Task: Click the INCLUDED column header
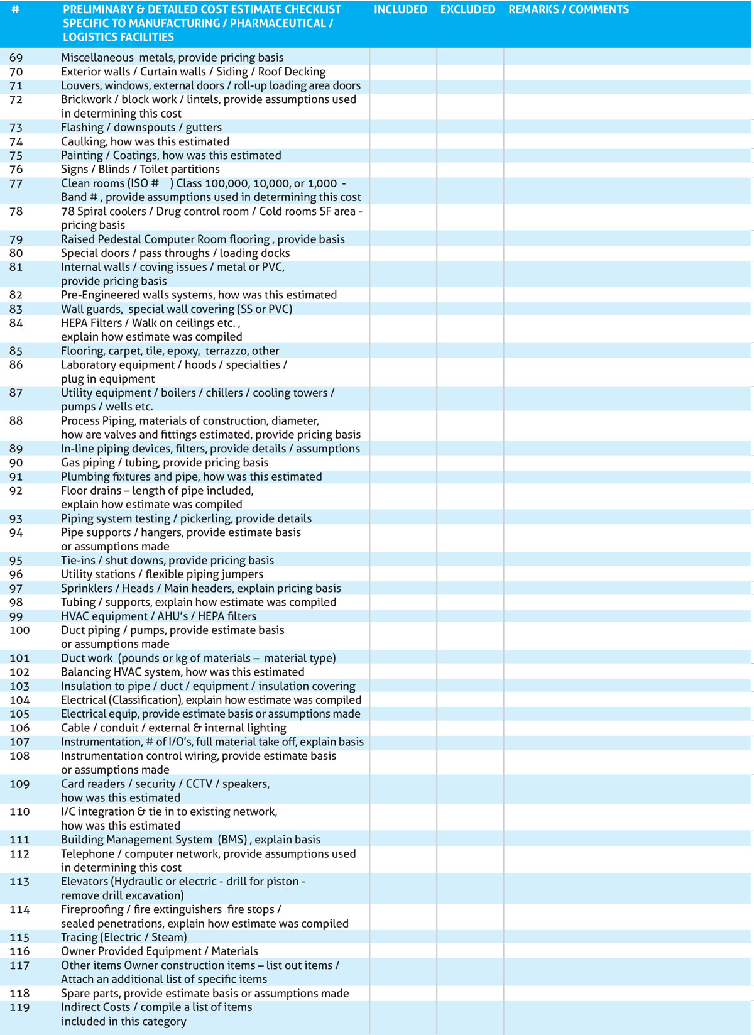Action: [400, 9]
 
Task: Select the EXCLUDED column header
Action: [467, 9]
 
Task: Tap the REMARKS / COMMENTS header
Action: [568, 9]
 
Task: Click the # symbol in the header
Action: [16, 9]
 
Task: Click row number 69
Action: [16, 58]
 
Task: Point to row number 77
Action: [16, 183]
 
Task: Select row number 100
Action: [19, 630]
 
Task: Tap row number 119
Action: [19, 1007]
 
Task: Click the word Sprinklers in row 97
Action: [88, 589]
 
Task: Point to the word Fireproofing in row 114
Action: [92, 910]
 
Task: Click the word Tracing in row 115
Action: [79, 938]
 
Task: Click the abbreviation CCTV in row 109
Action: [199, 784]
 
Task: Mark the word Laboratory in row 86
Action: [87, 365]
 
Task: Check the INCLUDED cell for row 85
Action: [403, 351]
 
